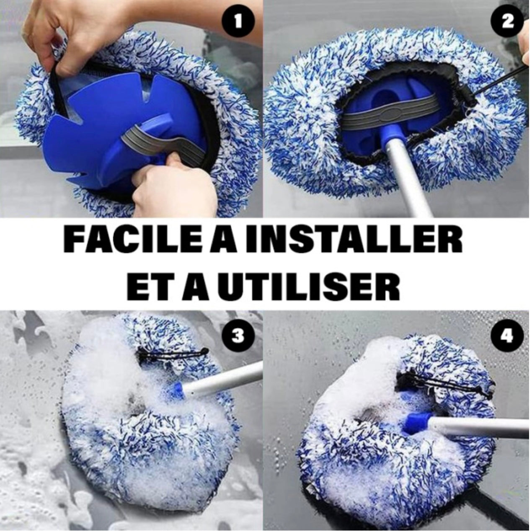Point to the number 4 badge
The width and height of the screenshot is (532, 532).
coord(507,336)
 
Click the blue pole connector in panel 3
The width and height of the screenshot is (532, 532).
coord(176,391)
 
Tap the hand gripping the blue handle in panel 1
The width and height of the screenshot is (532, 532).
coord(176,184)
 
